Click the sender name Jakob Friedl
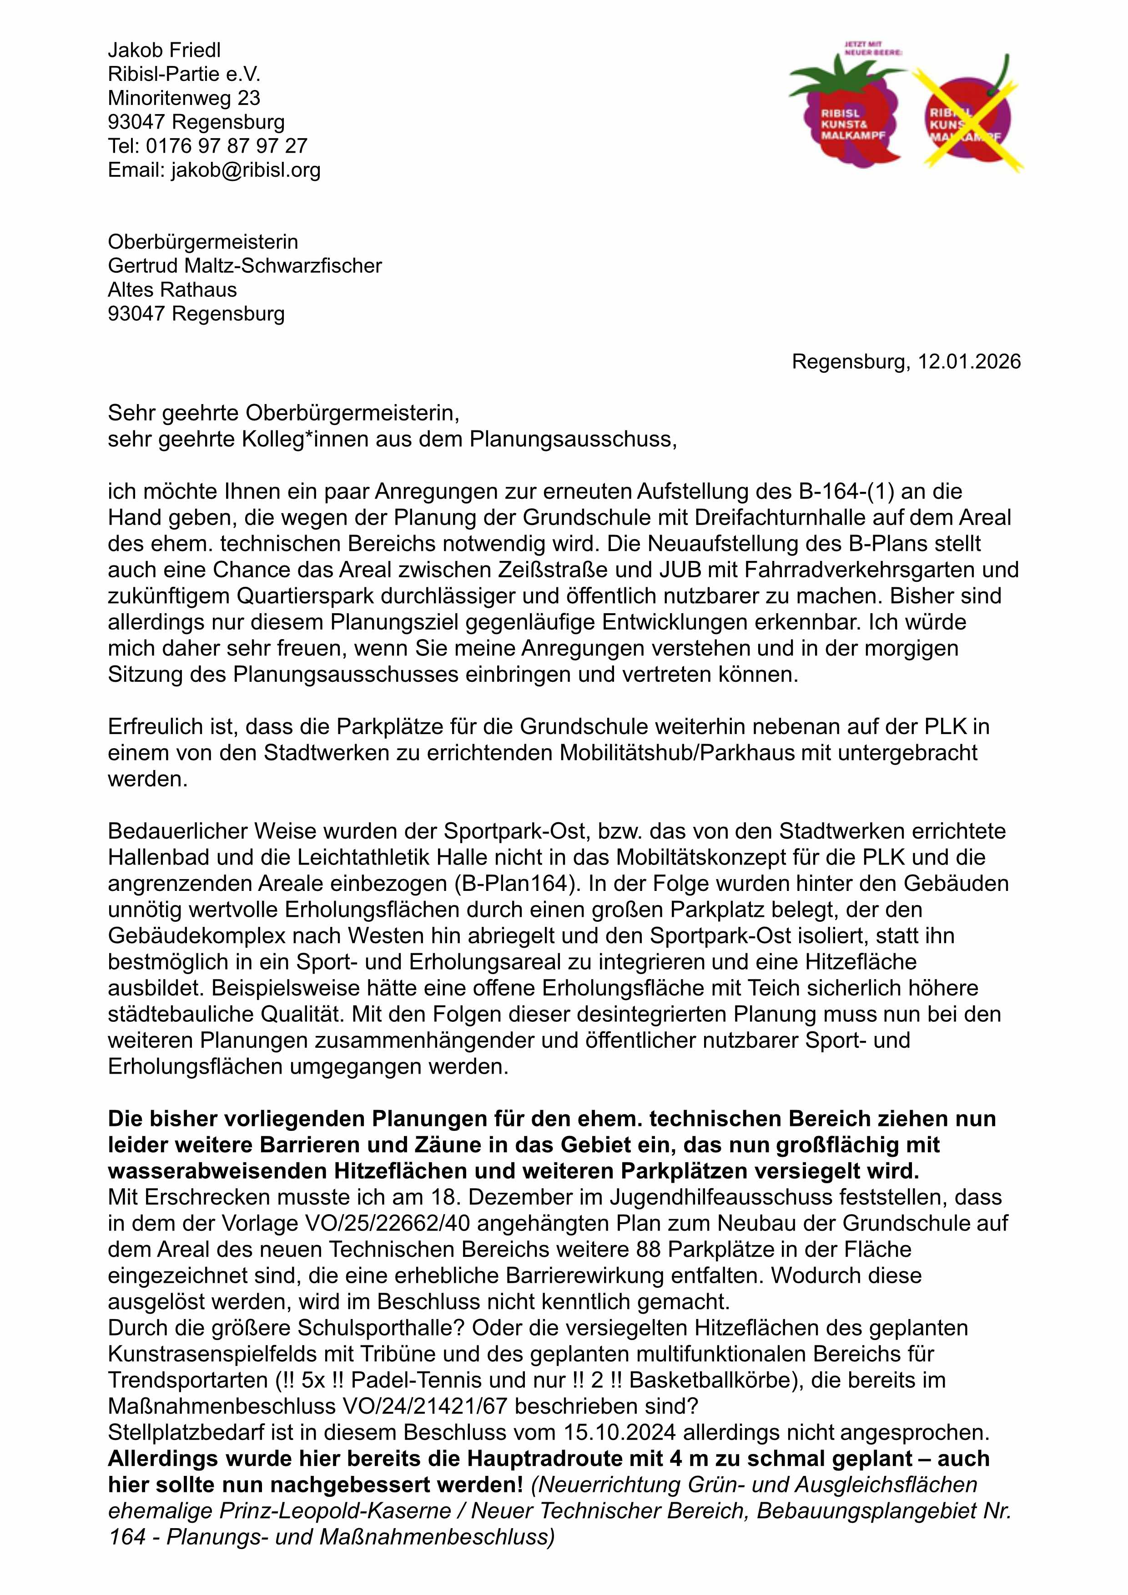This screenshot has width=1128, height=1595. point(164,50)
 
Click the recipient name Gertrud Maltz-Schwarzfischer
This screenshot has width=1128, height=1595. point(245,266)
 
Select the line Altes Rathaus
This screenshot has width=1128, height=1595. point(172,290)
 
